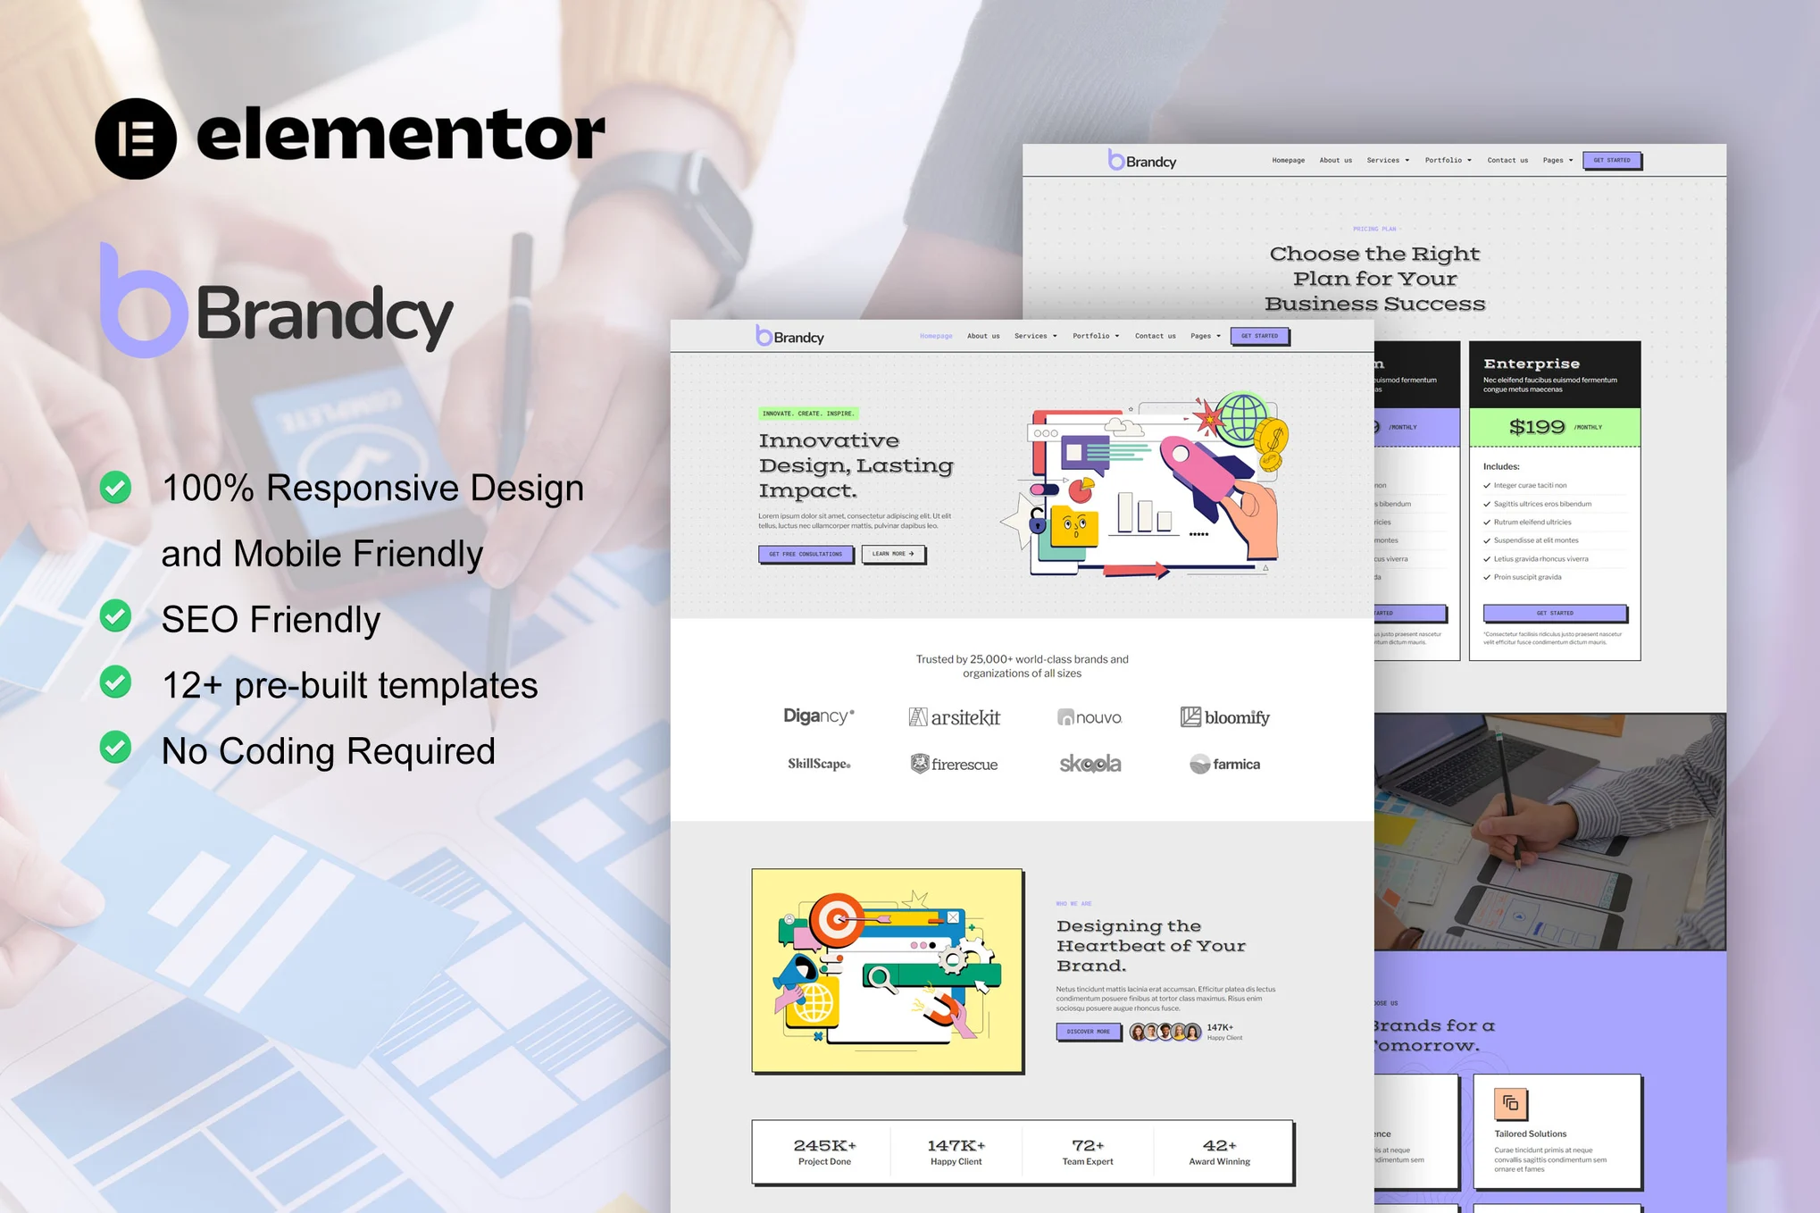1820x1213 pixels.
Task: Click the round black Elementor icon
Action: tap(136, 138)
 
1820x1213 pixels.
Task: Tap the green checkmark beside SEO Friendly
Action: tap(115, 616)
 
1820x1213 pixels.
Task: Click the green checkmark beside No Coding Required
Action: tap(115, 748)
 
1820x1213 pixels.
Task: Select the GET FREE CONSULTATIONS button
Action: tap(806, 554)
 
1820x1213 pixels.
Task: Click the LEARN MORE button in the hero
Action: tap(893, 554)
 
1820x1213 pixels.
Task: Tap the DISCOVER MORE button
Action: tap(1088, 1032)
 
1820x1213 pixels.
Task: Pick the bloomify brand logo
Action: tap(1224, 717)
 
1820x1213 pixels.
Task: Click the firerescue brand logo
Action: tap(954, 765)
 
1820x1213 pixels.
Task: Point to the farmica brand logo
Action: tap(1224, 765)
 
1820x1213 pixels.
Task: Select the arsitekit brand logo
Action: tap(954, 717)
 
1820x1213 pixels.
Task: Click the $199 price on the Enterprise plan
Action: tap(1537, 427)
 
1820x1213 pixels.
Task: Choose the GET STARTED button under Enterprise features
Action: tap(1555, 613)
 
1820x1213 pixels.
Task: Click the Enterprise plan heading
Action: tap(1532, 364)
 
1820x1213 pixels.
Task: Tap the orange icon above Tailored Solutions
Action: tap(1510, 1104)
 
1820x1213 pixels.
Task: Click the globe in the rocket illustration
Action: tap(1242, 417)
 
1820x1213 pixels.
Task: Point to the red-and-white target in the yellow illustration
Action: tap(836, 919)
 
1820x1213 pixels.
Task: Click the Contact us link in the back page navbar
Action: tap(1507, 161)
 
